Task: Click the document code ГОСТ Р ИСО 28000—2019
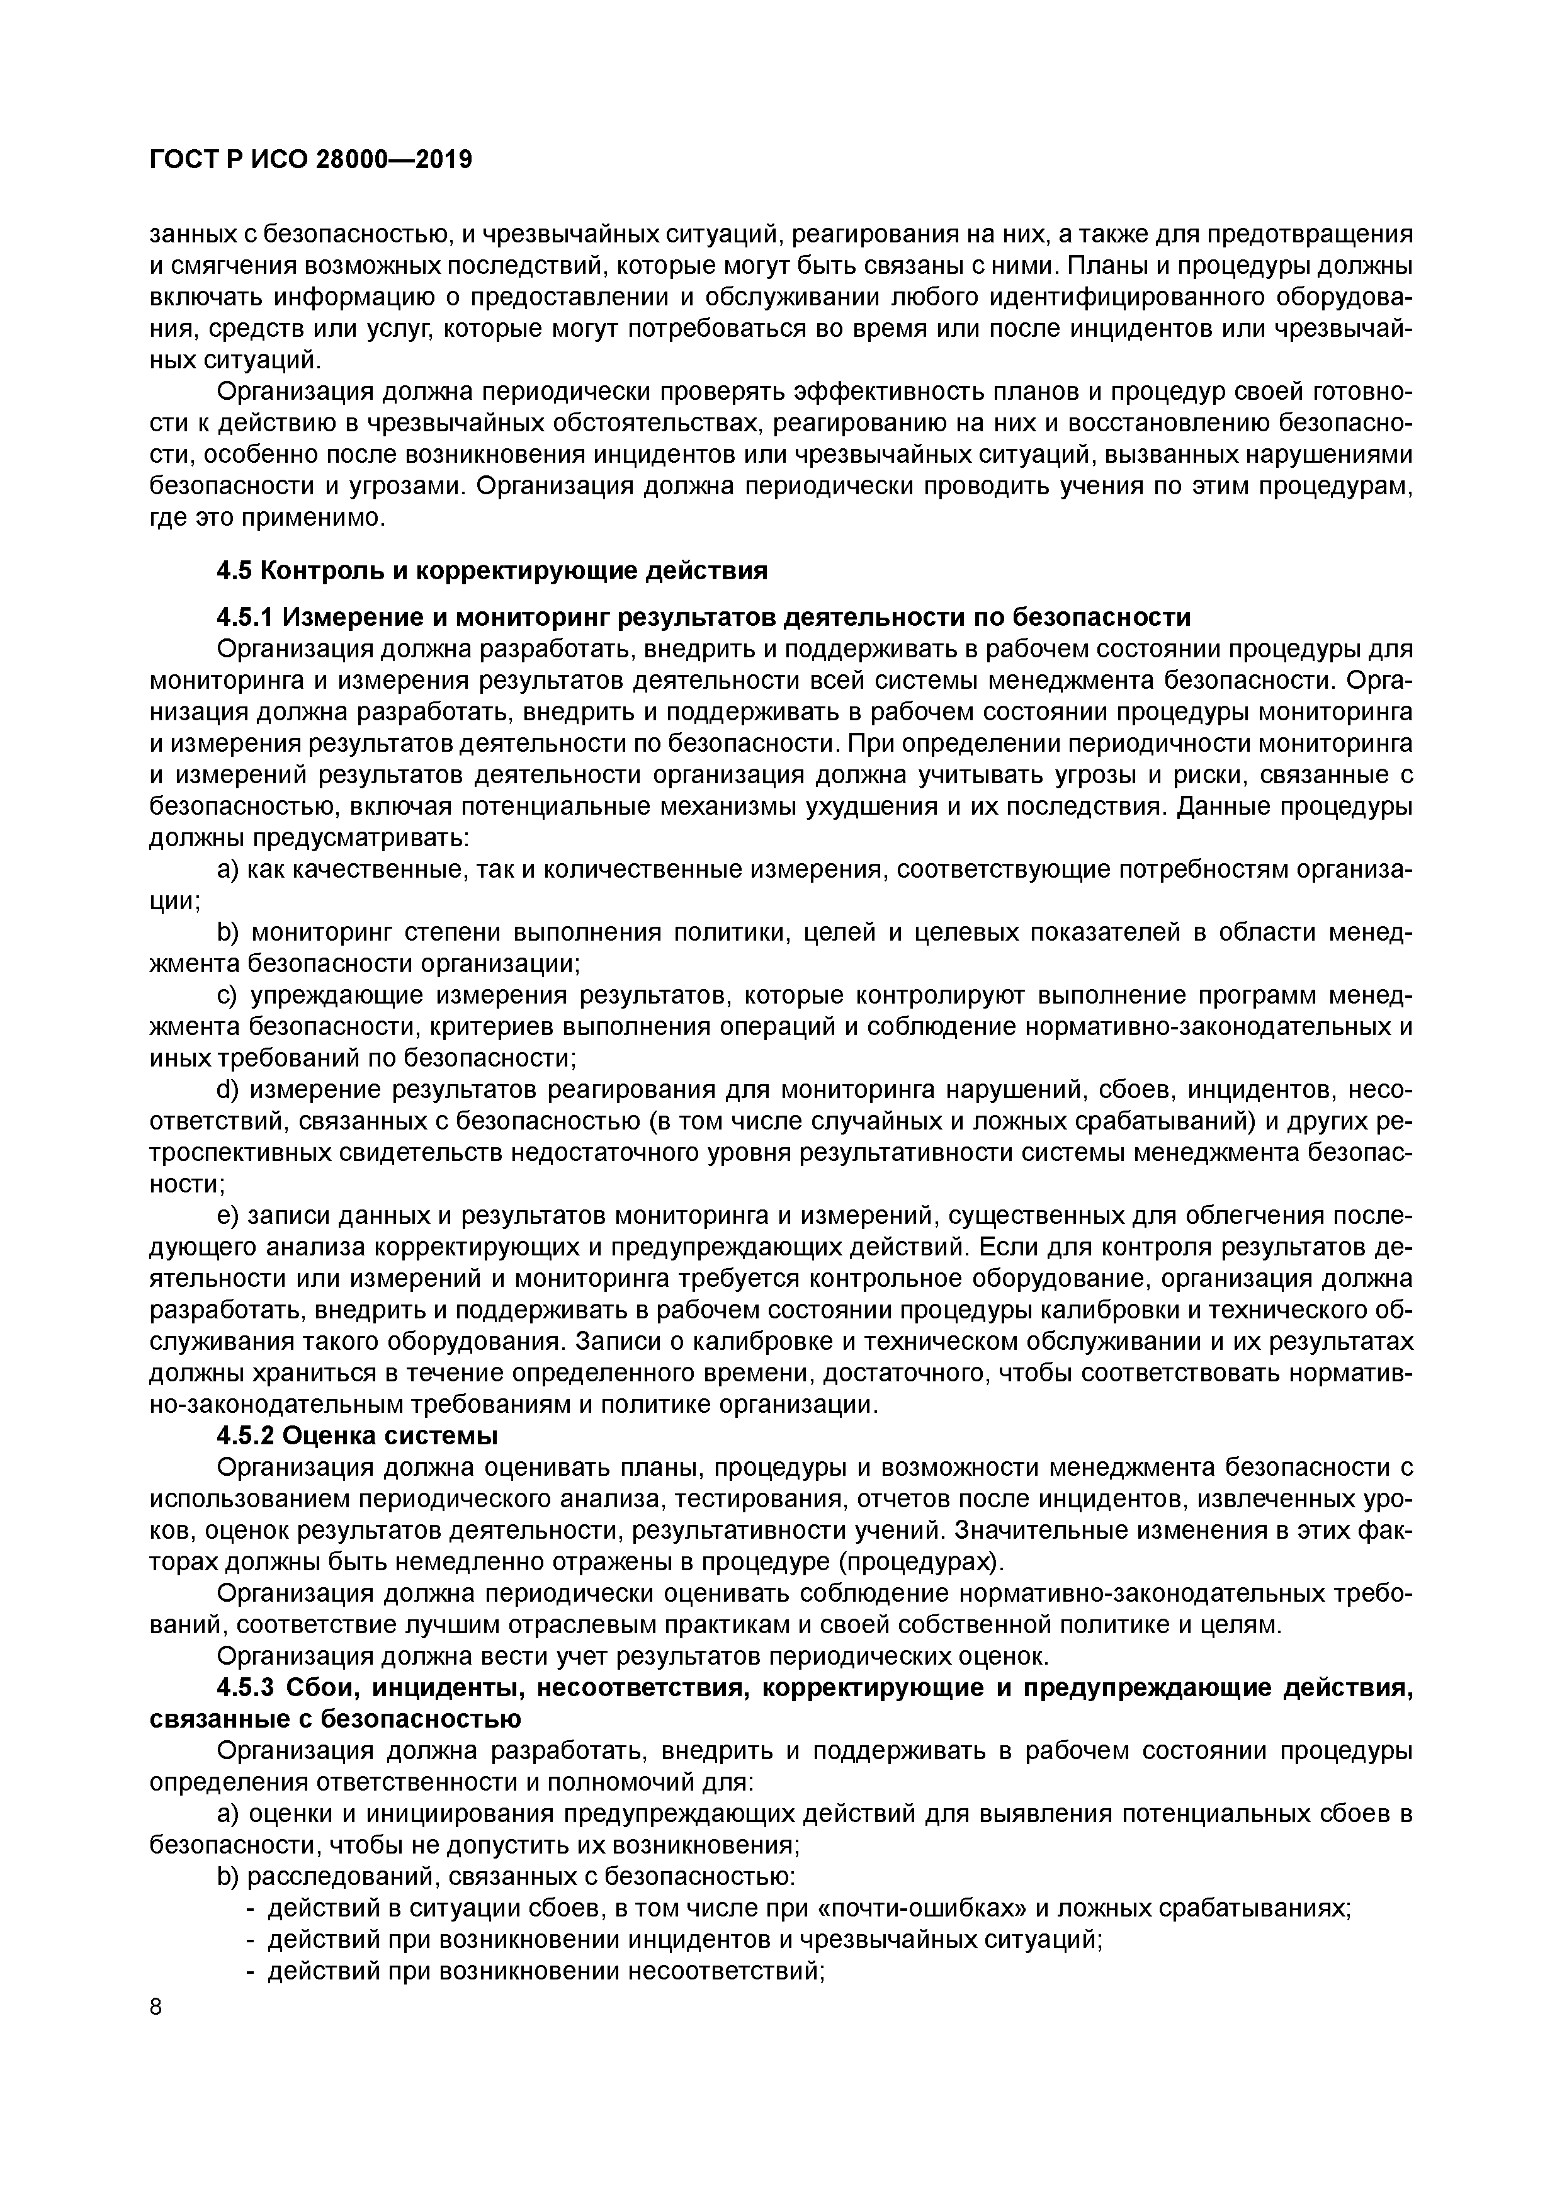[310, 161]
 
